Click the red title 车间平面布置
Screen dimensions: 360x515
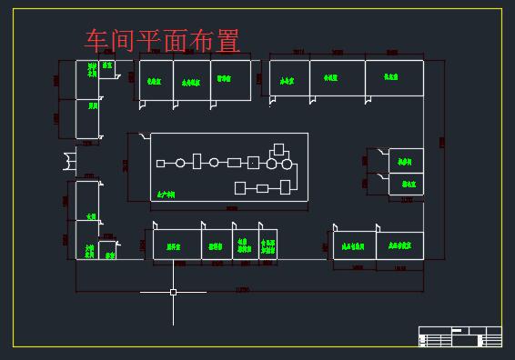coord(162,41)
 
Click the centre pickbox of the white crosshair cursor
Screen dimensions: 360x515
coord(173,292)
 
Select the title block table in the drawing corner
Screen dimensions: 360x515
coord(459,335)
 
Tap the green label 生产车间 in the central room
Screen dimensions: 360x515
coord(166,194)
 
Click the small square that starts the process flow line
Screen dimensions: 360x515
coord(160,164)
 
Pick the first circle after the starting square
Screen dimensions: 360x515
coord(180,163)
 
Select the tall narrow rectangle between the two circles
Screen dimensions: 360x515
coord(197,162)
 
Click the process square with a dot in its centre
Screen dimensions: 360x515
coord(254,163)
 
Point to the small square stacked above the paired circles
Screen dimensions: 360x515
coord(279,147)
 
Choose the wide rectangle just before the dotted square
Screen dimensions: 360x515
coord(234,163)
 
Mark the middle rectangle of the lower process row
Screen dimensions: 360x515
coord(262,188)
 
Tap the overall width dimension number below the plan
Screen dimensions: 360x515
coord(241,289)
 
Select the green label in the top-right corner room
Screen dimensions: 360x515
coord(393,78)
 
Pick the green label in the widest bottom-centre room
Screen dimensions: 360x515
coord(173,245)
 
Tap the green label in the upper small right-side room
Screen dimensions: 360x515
coord(406,161)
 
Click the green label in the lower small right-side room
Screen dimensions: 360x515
coord(406,184)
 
